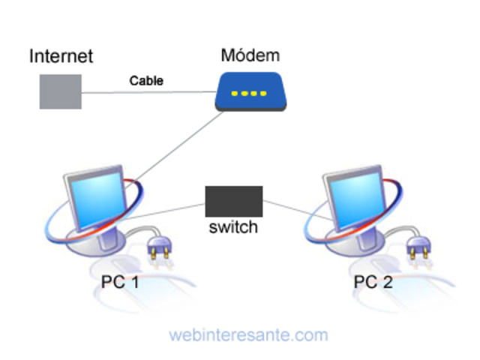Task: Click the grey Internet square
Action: point(61,91)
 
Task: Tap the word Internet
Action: point(61,56)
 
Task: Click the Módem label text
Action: point(250,55)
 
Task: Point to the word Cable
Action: point(146,80)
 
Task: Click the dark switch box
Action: point(234,201)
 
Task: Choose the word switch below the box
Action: point(233,226)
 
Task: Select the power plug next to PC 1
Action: point(159,248)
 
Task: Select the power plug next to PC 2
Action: point(418,248)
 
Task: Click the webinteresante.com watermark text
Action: point(248,334)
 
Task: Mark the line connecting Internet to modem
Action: point(150,92)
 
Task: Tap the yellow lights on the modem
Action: point(249,94)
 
